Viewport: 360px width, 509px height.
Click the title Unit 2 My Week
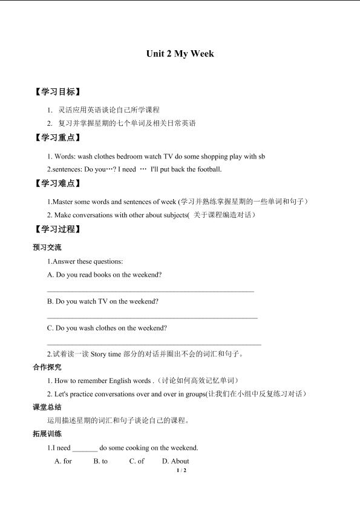[x=180, y=54]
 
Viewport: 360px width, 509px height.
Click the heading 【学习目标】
[x=57, y=92]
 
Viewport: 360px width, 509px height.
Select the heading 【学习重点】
[x=57, y=138]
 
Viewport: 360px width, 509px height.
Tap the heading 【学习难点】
[x=57, y=183]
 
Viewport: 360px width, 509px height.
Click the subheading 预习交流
[x=47, y=248]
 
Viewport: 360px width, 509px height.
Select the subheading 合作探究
[x=47, y=367]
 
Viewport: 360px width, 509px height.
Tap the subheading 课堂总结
[x=47, y=407]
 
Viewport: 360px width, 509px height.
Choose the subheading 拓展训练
[x=47, y=434]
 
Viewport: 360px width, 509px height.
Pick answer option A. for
[x=63, y=461]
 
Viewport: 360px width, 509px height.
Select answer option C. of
[x=137, y=461]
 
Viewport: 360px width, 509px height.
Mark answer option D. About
[x=175, y=461]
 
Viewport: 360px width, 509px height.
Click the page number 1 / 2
[x=180, y=470]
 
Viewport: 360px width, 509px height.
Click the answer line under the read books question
[x=150, y=291]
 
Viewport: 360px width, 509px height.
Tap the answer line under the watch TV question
[x=152, y=317]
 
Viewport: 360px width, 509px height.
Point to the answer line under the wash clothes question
[x=154, y=344]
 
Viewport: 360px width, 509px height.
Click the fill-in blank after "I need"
[x=85, y=448]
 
